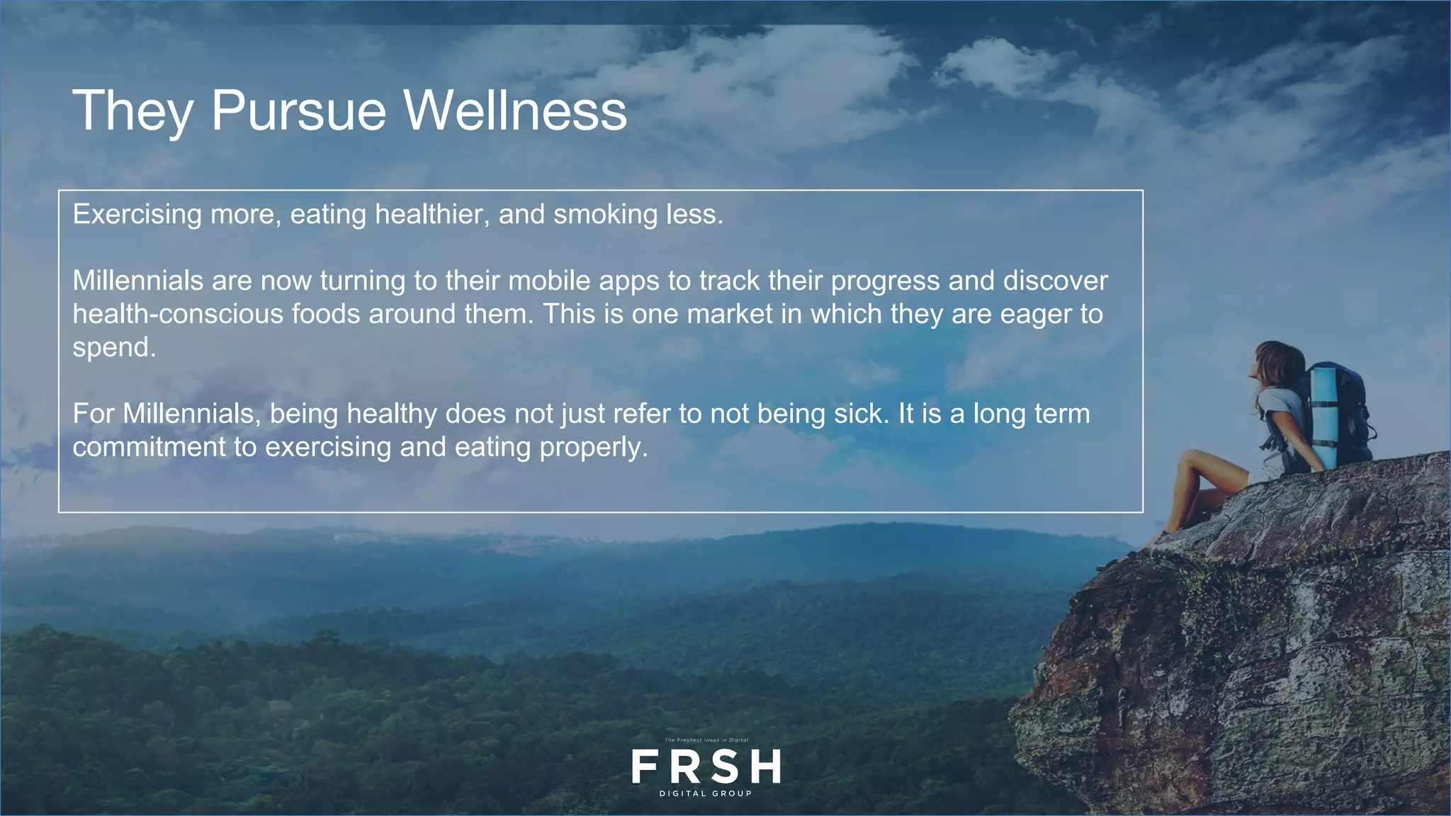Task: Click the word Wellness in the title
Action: [x=515, y=110]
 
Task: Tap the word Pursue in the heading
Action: [x=298, y=112]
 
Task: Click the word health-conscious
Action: [x=178, y=314]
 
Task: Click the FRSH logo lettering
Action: [x=706, y=766]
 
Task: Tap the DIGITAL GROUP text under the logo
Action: [x=706, y=793]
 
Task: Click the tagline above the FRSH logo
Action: [x=706, y=740]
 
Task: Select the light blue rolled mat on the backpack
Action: [x=1322, y=418]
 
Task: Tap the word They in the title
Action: [x=132, y=112]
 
